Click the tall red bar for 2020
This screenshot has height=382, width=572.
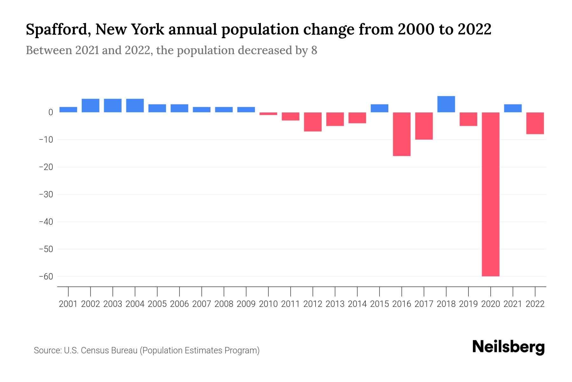click(x=491, y=194)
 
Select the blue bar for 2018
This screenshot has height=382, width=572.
click(x=446, y=104)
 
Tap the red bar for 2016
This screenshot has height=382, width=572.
click(x=402, y=134)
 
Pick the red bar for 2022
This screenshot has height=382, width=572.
click(x=535, y=123)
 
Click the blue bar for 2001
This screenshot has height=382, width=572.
click(x=68, y=110)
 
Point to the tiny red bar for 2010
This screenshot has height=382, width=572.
click(x=268, y=114)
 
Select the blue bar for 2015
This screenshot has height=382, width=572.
click(x=379, y=108)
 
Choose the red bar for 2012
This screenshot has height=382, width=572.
click(x=313, y=122)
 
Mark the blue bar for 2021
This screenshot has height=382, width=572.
click(x=513, y=108)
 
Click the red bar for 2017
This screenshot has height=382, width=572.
click(x=424, y=126)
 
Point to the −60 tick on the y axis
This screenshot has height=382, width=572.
click(x=46, y=276)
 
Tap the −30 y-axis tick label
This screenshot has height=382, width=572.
click(x=46, y=194)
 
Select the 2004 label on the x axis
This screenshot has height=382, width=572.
click(x=135, y=304)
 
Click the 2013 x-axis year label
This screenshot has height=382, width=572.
click(x=335, y=304)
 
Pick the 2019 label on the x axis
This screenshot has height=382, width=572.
click(x=468, y=304)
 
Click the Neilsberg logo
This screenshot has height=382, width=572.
click(x=508, y=347)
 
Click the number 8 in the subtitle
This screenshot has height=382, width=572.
click(x=314, y=51)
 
